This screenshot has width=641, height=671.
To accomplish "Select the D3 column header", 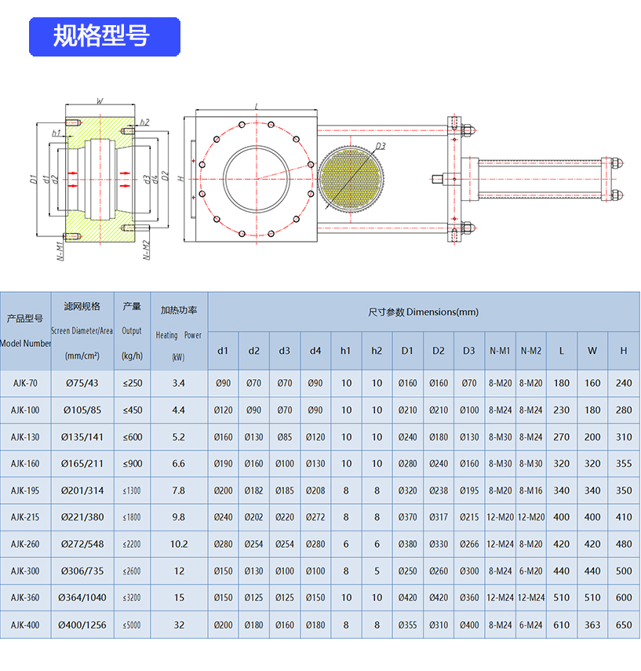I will click(x=469, y=351).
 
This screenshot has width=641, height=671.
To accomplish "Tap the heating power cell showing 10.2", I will click(x=178, y=544).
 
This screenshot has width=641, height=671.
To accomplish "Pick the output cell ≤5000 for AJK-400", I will click(x=133, y=625).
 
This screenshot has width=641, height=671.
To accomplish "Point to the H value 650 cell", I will click(x=624, y=625).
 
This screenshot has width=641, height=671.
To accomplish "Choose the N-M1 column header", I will click(x=500, y=351).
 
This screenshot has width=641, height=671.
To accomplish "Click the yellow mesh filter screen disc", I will click(x=352, y=180).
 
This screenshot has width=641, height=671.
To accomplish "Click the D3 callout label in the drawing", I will click(x=380, y=146).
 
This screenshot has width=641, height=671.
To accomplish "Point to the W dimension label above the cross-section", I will click(x=99, y=101).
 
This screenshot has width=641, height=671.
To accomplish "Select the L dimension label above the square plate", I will click(x=257, y=106).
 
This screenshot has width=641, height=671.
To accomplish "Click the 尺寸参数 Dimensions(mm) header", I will click(x=423, y=312).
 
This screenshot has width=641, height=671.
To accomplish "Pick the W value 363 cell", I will click(x=592, y=625).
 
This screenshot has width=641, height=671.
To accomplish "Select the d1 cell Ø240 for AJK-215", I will click(x=224, y=517).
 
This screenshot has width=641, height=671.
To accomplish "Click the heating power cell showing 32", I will click(x=178, y=625).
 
